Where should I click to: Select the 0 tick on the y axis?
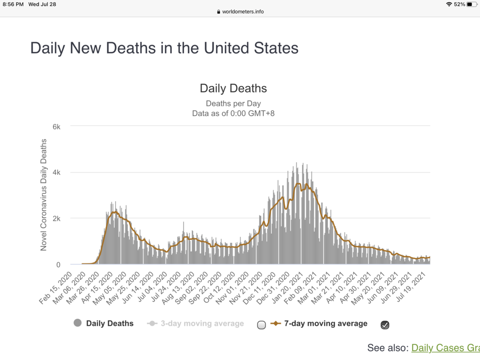click(58, 265)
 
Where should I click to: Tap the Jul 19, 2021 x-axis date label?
click(419, 287)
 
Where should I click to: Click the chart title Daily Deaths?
click(233, 88)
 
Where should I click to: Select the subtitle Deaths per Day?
click(233, 104)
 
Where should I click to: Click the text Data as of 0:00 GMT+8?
click(233, 113)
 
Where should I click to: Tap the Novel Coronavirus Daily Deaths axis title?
click(44, 195)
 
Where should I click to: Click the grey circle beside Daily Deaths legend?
click(78, 323)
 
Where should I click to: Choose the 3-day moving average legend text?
click(202, 323)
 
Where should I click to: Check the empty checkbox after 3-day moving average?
click(262, 325)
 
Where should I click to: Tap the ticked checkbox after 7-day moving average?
click(385, 325)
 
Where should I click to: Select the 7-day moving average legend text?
click(326, 323)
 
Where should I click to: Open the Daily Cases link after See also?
click(445, 348)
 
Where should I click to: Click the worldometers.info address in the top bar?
click(243, 12)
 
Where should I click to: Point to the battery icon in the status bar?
click(471, 4)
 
